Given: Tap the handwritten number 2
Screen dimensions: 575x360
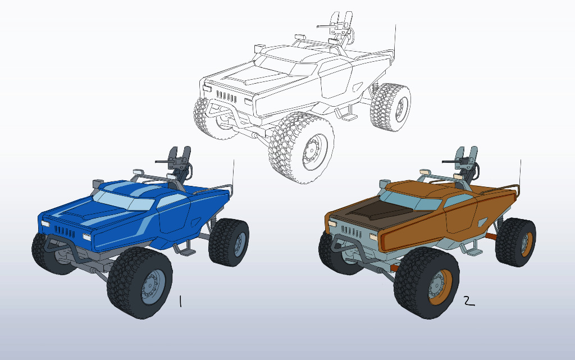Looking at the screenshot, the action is point(469,301).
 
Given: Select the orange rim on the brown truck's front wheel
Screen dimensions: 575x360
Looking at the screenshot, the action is point(440,287).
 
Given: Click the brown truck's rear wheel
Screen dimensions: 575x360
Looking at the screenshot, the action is point(515,242).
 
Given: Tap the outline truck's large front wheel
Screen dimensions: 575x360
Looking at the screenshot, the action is point(302,148).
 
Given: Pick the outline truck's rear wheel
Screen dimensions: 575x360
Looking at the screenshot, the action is point(391,107).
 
